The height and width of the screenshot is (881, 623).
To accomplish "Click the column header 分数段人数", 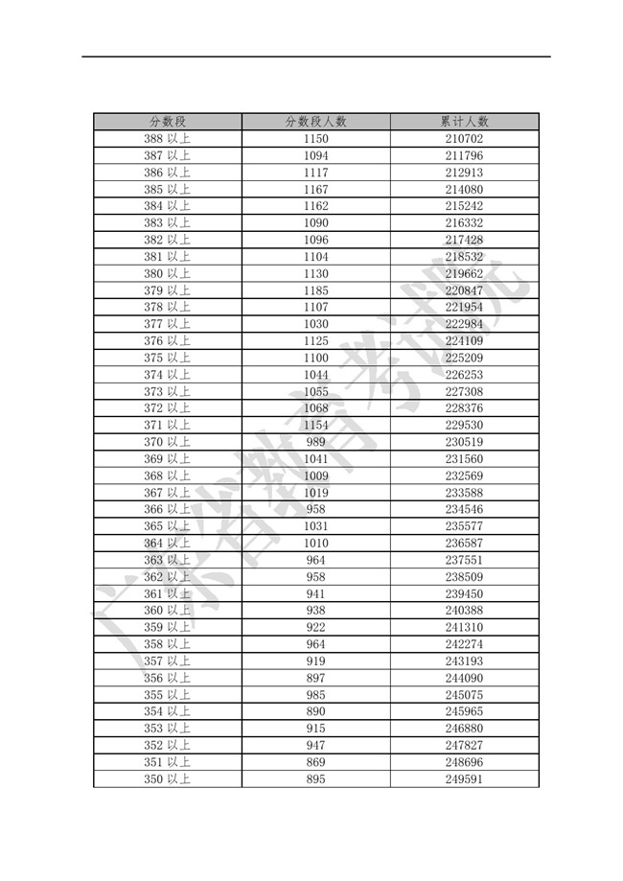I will click(x=315, y=122).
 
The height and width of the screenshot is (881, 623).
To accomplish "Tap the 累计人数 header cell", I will click(x=465, y=122).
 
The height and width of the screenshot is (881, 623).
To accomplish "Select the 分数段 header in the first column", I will click(x=167, y=122).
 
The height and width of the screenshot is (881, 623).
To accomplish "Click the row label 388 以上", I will click(x=167, y=139).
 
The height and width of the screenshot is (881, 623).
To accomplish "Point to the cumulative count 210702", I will click(x=465, y=139).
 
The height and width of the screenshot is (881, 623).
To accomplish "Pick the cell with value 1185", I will click(x=315, y=290).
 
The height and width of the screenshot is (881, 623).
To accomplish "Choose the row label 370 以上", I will click(x=167, y=442).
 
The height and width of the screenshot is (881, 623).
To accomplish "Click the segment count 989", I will click(x=315, y=442).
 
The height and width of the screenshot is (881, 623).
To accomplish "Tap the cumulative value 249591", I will click(x=465, y=778).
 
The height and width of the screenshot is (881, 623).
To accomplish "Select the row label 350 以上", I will click(x=167, y=778).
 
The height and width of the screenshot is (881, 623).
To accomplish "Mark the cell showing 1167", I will click(x=315, y=189).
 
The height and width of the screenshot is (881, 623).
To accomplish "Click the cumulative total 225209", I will click(x=465, y=358).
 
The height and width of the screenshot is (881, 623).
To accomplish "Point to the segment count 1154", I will click(x=315, y=425).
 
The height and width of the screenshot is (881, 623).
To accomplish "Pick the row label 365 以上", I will click(x=167, y=526).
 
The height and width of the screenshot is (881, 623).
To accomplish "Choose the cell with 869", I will click(x=315, y=762).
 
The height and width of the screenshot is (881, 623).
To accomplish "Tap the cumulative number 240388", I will click(x=465, y=611).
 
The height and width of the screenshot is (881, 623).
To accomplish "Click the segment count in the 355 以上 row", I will click(x=315, y=695).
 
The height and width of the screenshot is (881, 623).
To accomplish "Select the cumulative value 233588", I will click(x=465, y=493).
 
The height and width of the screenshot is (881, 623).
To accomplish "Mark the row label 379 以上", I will click(x=167, y=290).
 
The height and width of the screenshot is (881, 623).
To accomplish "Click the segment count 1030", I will click(x=315, y=324).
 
